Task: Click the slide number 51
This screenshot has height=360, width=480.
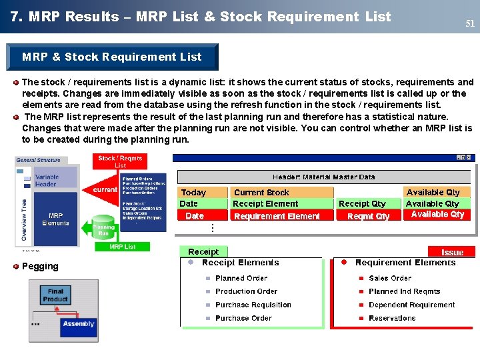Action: pyautogui.click(x=470, y=24)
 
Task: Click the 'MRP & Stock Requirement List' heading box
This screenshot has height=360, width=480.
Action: pyautogui.click(x=112, y=57)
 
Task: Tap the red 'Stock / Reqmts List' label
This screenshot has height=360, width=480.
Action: pyautogui.click(x=120, y=161)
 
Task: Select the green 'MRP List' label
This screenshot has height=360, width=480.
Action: pyautogui.click(x=122, y=247)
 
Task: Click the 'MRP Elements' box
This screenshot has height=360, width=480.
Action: pyautogui.click(x=55, y=219)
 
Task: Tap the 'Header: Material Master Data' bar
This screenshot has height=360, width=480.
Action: pyautogui.click(x=323, y=177)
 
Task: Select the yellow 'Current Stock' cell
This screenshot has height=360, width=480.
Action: pyautogui.click(x=281, y=192)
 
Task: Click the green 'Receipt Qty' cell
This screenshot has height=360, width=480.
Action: pyautogui.click(x=367, y=203)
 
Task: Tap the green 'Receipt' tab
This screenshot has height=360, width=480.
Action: pyautogui.click(x=203, y=252)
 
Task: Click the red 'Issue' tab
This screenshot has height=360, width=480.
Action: pyautogui.click(x=453, y=252)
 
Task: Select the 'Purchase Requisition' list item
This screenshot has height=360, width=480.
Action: pyautogui.click(x=253, y=305)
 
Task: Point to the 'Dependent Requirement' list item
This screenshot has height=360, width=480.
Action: pyautogui.click(x=411, y=305)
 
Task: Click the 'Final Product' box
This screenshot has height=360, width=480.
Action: pyautogui.click(x=55, y=295)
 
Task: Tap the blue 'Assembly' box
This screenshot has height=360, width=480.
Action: pyautogui.click(x=79, y=324)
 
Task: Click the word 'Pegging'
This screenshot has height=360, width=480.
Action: pyautogui.click(x=40, y=266)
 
